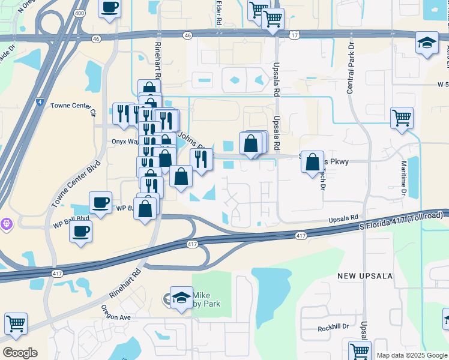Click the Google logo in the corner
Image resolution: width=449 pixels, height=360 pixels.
click(20, 353)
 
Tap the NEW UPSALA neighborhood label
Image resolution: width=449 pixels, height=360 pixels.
click(364, 276)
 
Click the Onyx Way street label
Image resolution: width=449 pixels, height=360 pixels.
click(109, 142)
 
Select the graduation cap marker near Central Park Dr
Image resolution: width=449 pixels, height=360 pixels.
click(427, 43)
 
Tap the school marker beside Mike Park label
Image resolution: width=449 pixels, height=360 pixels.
click(181, 298)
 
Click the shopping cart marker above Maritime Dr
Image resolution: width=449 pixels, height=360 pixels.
click(402, 117)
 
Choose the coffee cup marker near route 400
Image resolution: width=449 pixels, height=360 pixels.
click(109, 8)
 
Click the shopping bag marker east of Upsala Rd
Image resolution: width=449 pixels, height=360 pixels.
click(312, 162)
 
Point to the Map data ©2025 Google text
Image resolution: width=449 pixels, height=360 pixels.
click(411, 355)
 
